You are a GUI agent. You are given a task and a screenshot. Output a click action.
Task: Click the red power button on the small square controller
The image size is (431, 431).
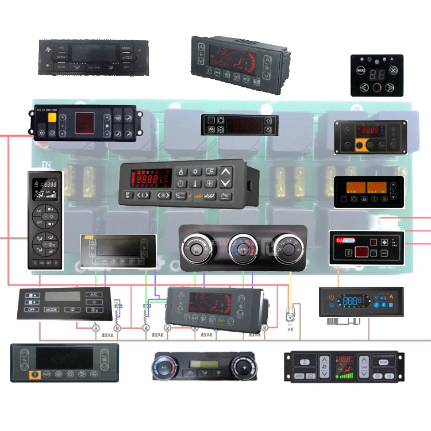(377, 88)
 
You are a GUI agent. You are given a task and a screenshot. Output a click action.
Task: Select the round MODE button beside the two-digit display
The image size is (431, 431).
(360, 71)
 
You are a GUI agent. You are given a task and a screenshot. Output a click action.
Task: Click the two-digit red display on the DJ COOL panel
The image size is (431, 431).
(361, 252)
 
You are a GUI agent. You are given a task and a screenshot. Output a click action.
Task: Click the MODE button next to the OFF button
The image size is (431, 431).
(52, 309)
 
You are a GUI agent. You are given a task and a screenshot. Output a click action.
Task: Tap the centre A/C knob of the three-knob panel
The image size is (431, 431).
(243, 249)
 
